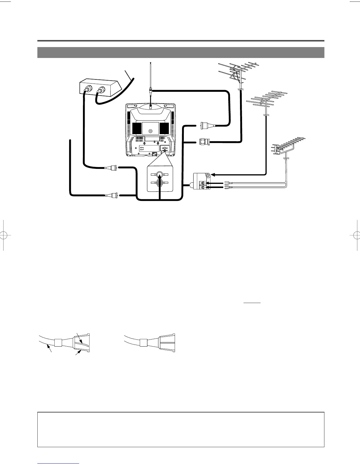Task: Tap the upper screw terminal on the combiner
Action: tap(202, 183)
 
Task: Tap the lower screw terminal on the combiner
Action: tap(202, 187)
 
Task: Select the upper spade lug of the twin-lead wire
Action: tap(226, 183)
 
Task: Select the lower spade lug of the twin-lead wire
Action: tap(226, 187)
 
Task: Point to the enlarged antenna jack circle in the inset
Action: tap(159, 175)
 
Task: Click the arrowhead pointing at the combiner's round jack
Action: tap(214, 175)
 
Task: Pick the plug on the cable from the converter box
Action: tap(113, 168)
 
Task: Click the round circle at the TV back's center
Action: tap(151, 131)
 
